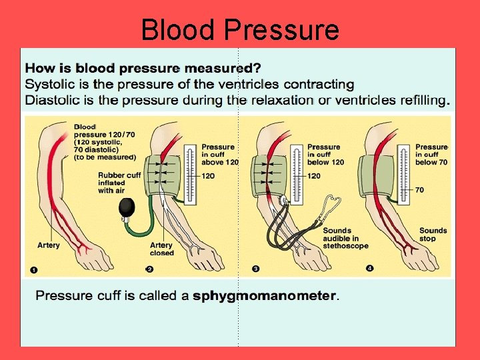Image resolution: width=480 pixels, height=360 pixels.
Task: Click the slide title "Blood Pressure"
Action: coord(240,30)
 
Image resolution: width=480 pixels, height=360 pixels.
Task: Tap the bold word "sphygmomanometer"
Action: coord(265,295)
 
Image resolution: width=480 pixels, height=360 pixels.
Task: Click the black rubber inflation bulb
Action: coord(127,208)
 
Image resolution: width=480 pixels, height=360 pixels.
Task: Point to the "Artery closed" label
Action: coord(162,249)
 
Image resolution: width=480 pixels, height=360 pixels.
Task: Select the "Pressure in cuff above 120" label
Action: coord(219,154)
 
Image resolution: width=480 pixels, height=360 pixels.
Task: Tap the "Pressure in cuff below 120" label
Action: coord(325,154)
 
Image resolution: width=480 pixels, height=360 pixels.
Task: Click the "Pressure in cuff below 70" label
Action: coord(431,154)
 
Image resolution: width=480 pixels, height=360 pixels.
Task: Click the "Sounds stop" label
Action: coord(433,234)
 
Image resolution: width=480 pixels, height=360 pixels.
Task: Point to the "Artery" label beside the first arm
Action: coord(48,245)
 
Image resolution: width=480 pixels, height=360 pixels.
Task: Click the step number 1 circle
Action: coord(33,269)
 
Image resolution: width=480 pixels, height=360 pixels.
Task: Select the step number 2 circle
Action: coord(149,269)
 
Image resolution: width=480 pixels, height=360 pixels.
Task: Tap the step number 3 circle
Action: coord(255,269)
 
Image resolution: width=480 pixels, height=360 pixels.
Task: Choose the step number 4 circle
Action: coord(370,269)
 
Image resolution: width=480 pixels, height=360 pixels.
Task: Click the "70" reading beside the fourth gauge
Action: coord(419,190)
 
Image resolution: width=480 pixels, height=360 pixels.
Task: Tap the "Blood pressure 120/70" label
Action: coord(105,141)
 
